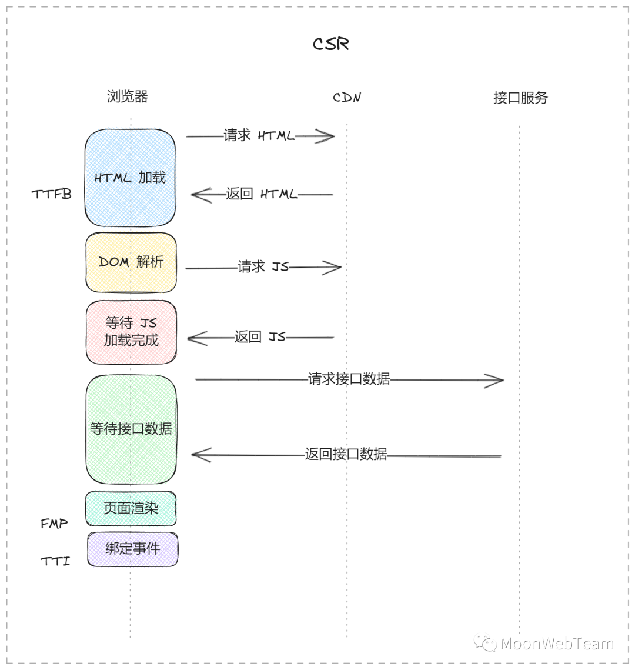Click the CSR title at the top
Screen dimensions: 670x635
331,44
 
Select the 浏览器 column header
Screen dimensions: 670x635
127,96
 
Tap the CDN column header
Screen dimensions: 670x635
347,98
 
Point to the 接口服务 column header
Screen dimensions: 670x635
520,98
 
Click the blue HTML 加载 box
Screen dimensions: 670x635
130,178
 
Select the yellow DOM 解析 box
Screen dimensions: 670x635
131,262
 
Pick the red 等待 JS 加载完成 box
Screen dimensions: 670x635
131,332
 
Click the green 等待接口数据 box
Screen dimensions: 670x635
131,429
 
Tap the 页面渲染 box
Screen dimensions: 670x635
131,508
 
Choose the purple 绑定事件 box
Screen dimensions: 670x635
132,549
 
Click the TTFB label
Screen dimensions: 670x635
52,194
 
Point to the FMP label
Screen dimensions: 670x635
54,524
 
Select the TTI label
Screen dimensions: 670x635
55,562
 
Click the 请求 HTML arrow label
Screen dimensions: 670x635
259,136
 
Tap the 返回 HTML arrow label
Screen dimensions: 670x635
261,194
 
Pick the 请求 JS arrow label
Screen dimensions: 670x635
263,267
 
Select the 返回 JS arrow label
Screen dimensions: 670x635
259,337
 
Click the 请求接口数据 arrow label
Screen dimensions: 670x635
349,379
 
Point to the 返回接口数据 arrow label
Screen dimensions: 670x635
346,454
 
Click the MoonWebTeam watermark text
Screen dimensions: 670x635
556,644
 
